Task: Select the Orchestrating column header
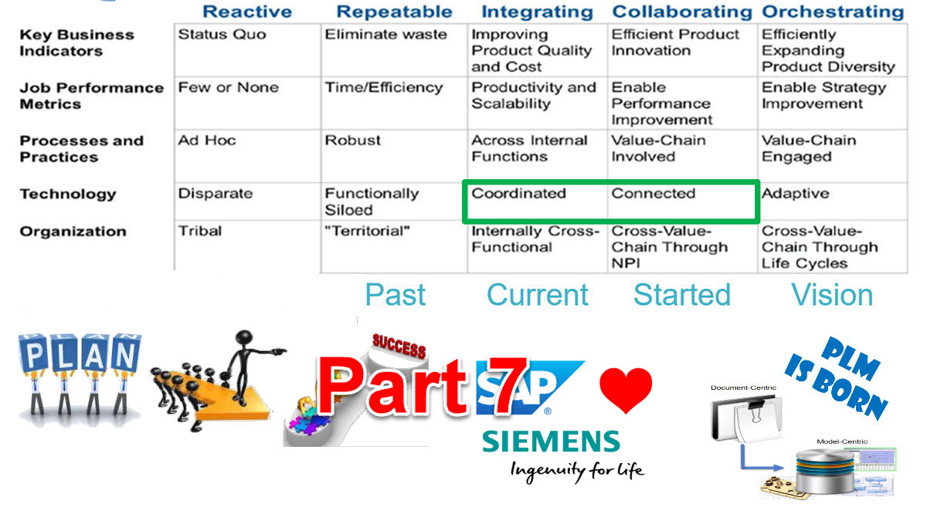833,12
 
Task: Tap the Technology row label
67,194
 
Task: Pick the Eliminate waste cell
385,35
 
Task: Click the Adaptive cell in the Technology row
795,194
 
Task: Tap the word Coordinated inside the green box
518,194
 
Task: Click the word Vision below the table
832,295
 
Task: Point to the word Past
395,295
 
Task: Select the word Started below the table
681,295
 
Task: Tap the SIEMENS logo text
551,442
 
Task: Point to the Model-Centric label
842,441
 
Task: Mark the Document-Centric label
743,387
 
